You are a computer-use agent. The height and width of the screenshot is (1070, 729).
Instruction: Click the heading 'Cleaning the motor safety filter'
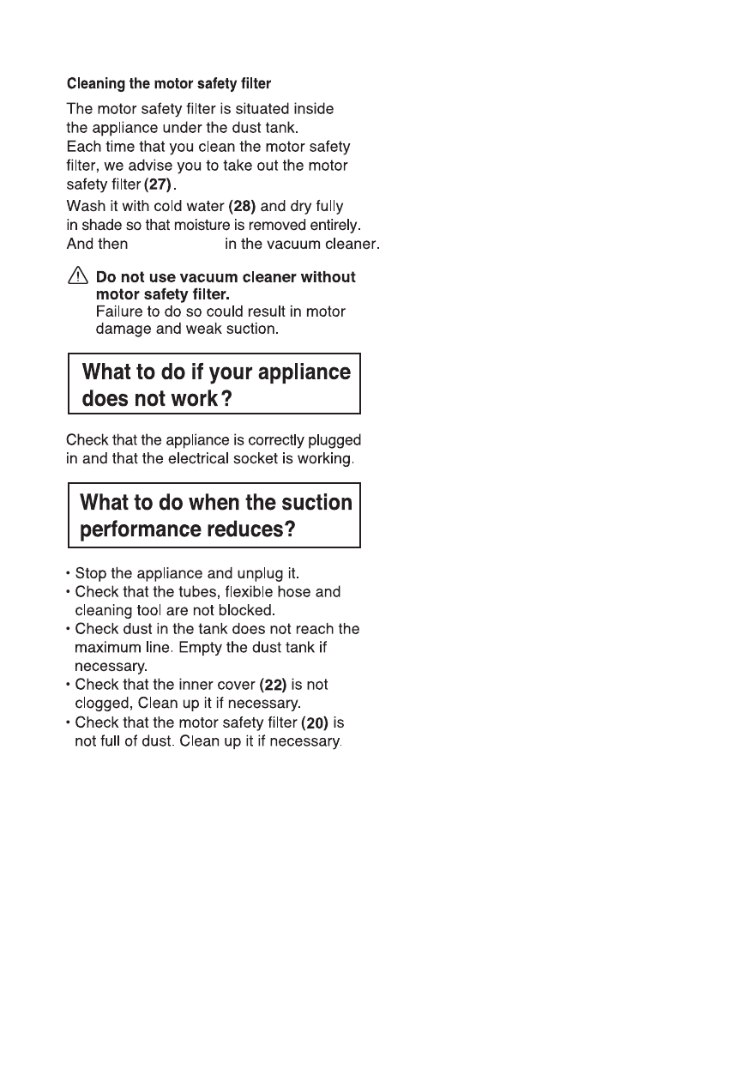(169, 84)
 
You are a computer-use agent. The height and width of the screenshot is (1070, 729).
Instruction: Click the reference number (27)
(159, 185)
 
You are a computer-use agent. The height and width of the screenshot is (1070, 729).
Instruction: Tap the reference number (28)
(241, 207)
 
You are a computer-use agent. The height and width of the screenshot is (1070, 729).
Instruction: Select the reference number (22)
(274, 686)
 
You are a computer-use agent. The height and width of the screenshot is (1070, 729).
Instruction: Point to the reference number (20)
(316, 724)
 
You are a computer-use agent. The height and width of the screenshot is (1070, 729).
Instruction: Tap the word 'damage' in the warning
(123, 329)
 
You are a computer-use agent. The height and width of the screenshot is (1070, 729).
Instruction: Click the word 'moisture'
(199, 225)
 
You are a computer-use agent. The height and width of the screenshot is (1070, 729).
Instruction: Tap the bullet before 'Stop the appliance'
(69, 573)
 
